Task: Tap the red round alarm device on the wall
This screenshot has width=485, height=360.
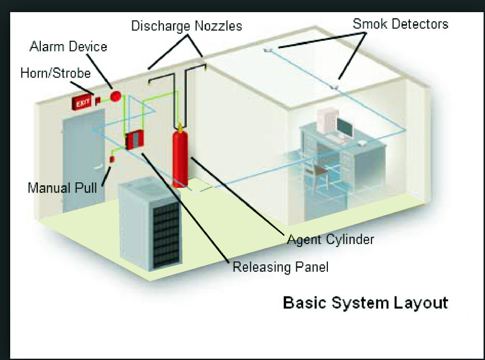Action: pos(115,96)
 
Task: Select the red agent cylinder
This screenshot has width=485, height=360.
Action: pos(180,157)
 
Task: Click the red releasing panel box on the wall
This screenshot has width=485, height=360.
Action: pos(133,140)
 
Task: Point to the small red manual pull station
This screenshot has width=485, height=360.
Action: pos(111,159)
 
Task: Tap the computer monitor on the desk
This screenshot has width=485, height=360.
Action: pos(345,127)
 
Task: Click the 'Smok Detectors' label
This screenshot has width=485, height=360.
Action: pos(400,23)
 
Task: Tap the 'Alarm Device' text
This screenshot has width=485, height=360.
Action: pos(68,47)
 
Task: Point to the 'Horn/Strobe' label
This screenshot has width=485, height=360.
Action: pos(55,73)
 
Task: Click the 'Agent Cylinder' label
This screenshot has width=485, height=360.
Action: pos(330,239)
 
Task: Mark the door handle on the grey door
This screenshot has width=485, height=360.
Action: pos(98,167)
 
